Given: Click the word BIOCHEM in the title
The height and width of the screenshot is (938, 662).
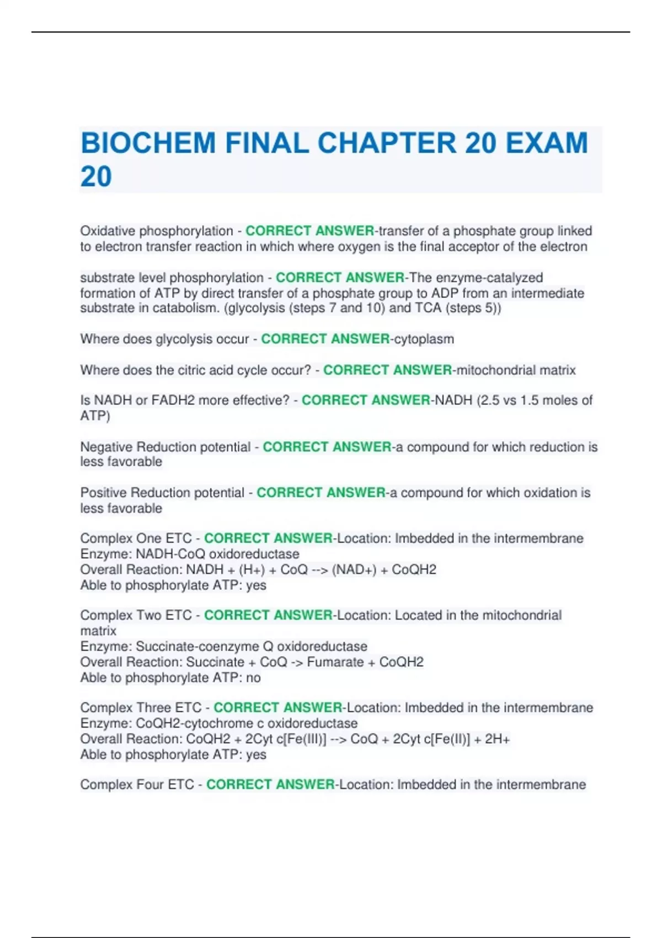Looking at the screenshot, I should coord(148,143).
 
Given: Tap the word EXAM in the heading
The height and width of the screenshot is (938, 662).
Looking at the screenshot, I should coord(547,143).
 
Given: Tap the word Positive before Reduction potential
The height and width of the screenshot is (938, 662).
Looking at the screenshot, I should coord(103,493).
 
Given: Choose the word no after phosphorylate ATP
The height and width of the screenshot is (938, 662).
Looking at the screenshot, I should coord(253,678).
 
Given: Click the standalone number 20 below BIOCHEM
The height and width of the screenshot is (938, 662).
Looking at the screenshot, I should coord(96,177).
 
